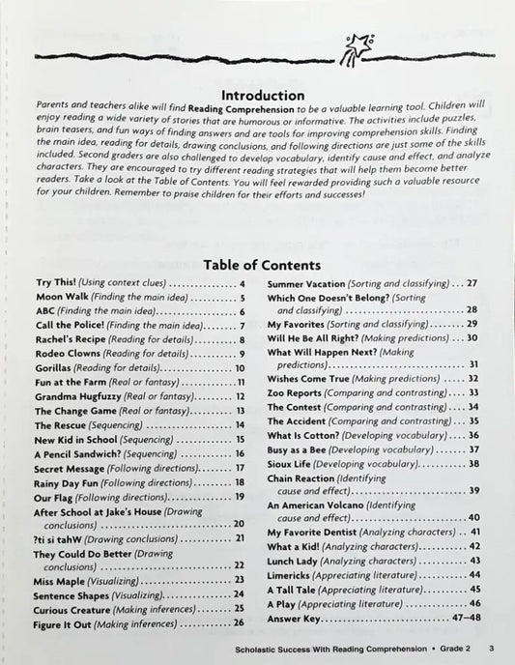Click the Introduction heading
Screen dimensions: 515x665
264,96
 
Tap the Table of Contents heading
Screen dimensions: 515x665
263,264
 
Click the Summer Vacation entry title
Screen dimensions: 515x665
309,284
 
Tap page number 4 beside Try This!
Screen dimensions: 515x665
243,284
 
